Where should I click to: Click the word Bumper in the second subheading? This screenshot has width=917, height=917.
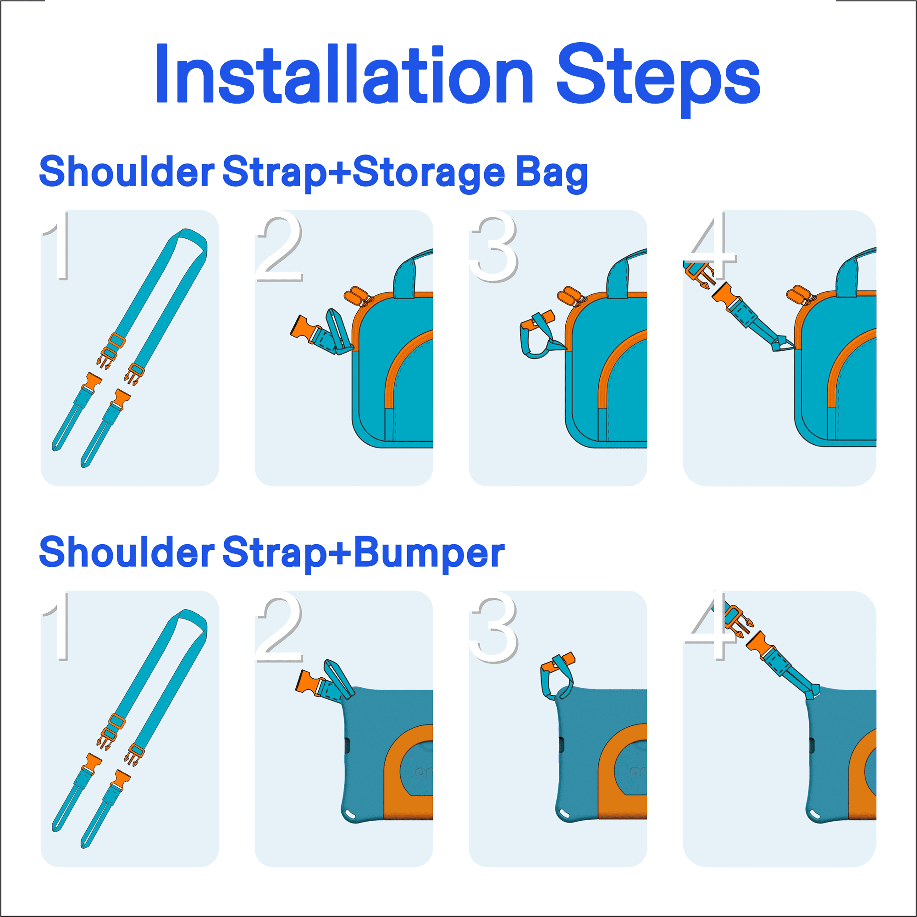click(429, 553)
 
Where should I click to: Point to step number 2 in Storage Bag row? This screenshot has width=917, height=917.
click(279, 245)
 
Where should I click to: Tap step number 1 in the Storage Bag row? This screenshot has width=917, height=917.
click(57, 245)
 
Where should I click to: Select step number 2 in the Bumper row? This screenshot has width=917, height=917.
click(279, 626)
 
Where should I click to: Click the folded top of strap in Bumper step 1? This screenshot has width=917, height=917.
click(189, 619)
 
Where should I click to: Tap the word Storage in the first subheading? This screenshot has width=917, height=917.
click(429, 173)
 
